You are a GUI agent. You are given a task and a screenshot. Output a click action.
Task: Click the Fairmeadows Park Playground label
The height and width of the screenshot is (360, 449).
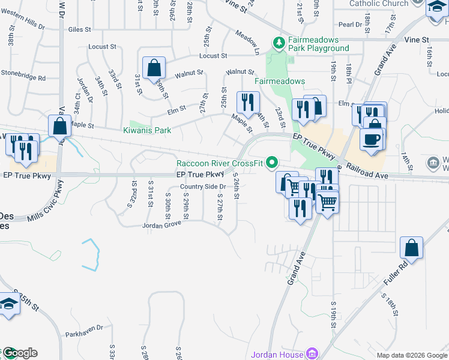[x=318, y=44]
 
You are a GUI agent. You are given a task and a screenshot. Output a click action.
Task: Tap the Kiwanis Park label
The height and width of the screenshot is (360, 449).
[x=147, y=130]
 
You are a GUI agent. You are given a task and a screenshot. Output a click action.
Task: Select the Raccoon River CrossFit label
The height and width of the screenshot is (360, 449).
[x=219, y=163]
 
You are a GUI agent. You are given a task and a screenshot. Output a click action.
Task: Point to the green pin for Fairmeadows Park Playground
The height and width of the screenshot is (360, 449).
[x=278, y=43]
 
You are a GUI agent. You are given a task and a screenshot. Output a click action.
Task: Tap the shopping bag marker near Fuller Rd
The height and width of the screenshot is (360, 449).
[x=412, y=247]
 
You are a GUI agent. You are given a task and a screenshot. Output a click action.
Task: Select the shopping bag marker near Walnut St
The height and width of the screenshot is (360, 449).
[x=154, y=67]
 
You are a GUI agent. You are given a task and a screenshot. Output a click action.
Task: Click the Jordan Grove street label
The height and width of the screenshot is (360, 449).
[x=161, y=226]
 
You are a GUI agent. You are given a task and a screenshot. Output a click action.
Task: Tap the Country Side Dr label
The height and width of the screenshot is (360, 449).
[x=203, y=187]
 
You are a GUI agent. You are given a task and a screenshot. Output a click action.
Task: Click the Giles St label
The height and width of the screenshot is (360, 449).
[x=79, y=28]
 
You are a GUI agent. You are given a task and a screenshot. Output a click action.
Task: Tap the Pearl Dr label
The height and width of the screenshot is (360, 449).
[x=348, y=25]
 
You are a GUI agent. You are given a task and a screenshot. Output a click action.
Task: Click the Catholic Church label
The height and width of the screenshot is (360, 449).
[x=379, y=4]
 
